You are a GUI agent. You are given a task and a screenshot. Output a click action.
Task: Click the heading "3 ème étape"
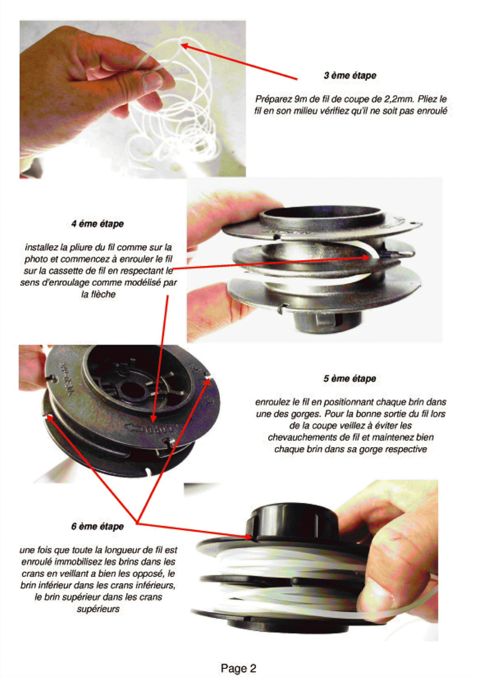[x=350, y=75]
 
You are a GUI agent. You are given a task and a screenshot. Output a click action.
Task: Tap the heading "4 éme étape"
[x=98, y=224]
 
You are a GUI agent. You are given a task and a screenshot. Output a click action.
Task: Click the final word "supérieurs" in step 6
[x=98, y=609]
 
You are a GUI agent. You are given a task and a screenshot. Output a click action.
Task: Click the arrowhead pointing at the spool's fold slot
[x=366, y=257]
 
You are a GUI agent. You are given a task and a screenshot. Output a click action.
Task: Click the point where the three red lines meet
[x=137, y=523]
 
